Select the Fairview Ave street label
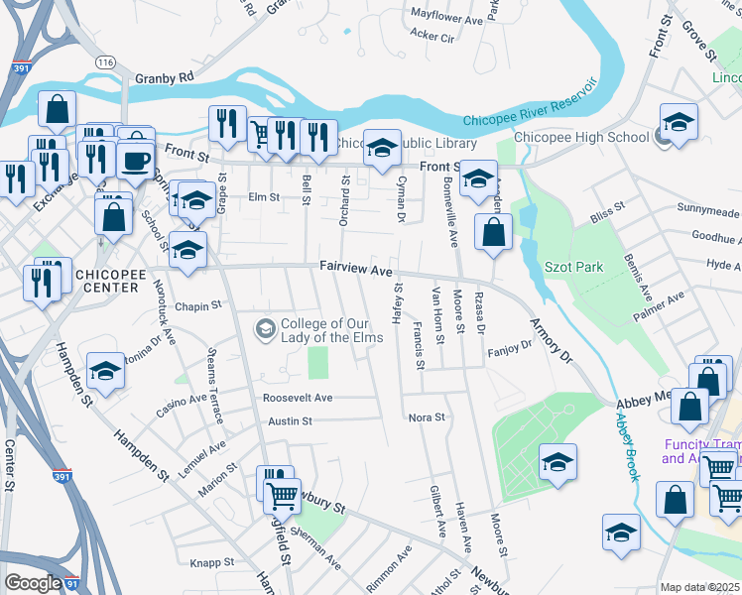tap(357, 269)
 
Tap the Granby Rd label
tap(164, 77)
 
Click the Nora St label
tap(428, 418)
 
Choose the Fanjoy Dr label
tap(510, 348)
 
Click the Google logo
tap(33, 583)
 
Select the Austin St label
tap(291, 420)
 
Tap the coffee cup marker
tap(136, 160)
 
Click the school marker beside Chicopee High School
tap(680, 122)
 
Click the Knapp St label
tap(211, 562)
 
